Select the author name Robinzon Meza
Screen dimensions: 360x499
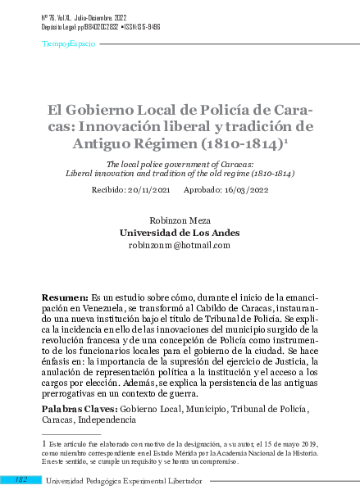[180, 220]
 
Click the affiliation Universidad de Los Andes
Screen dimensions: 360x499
[180, 233]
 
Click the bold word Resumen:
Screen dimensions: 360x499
[64, 295]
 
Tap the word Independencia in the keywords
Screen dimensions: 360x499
[101, 419]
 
